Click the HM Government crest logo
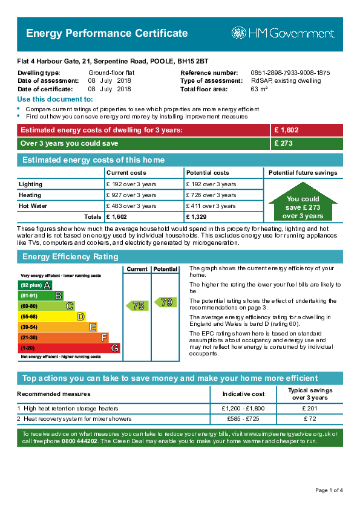239,33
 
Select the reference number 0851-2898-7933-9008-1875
290,73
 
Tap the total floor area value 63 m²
259,89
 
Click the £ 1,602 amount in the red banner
286,130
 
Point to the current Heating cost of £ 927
131,195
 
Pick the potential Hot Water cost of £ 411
211,206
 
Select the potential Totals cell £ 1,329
196,217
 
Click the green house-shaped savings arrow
303,201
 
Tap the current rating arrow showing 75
137,305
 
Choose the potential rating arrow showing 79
165,302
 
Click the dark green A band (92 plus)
34,285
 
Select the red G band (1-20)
69,348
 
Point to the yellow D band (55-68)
51,317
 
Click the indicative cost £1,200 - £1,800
243,409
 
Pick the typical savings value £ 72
310,419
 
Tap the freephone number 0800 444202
79,441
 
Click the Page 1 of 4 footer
329,490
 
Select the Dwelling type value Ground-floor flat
111,73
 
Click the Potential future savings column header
303,173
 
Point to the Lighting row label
30,184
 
